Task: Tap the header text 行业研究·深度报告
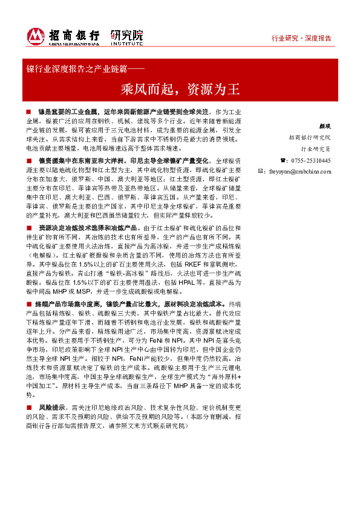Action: [301, 39]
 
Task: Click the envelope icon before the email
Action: [260, 172]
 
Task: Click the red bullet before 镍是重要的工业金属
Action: [28, 112]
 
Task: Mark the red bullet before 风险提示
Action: [28, 409]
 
